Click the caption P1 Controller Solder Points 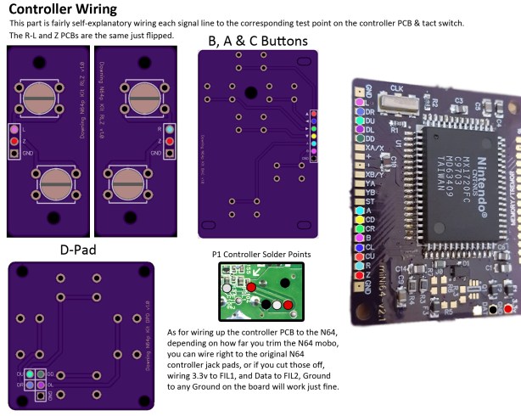pos(261,255)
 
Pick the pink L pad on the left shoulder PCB pos(14,129)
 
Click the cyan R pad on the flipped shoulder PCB pos(170,129)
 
